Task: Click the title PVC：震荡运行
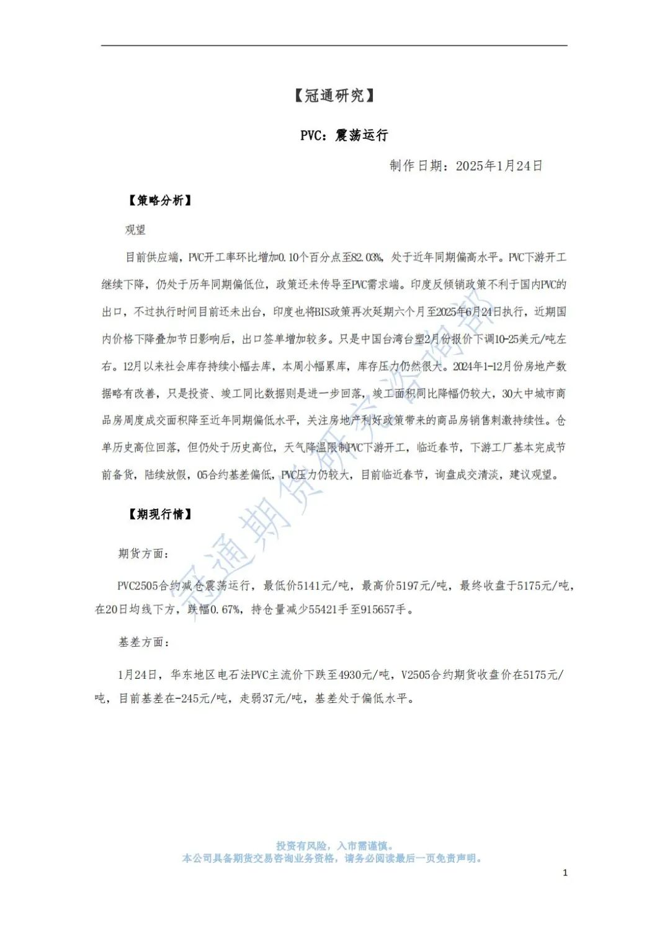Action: click(344, 135)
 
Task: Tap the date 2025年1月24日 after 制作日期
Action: click(499, 166)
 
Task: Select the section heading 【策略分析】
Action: click(159, 200)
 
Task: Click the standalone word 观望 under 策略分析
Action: click(135, 229)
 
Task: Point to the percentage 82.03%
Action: click(367, 257)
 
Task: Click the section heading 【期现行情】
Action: click(159, 514)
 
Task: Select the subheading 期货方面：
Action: click(144, 553)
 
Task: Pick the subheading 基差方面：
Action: click(144, 642)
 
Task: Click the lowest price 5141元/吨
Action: click(323, 585)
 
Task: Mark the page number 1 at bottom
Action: click(565, 873)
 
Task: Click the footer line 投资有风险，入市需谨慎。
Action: click(334, 846)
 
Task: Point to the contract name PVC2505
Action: click(138, 585)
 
